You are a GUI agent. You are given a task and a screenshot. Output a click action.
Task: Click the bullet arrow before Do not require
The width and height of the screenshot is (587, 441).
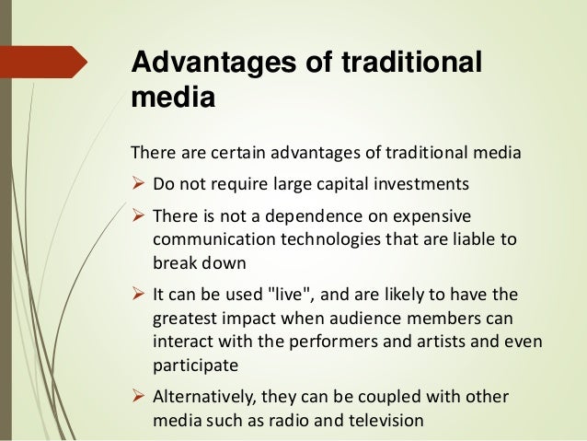click(x=141, y=182)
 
